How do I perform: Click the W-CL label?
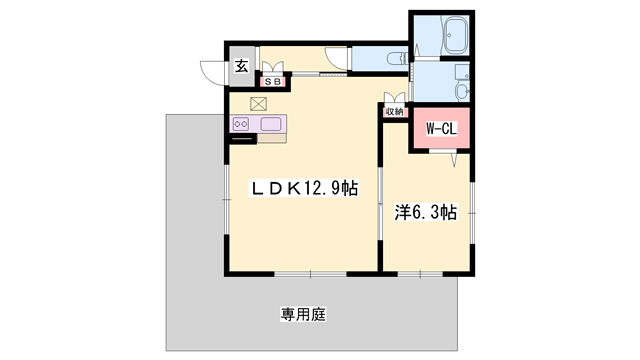point(440,129)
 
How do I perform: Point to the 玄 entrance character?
point(242,67)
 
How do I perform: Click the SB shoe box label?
point(272,82)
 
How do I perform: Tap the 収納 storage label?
point(394,112)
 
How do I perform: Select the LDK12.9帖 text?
point(304,187)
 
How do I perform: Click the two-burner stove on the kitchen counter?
point(241,124)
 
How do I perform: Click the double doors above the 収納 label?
point(394,98)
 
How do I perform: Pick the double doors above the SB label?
point(272,68)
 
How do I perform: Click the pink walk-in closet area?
point(440,130)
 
